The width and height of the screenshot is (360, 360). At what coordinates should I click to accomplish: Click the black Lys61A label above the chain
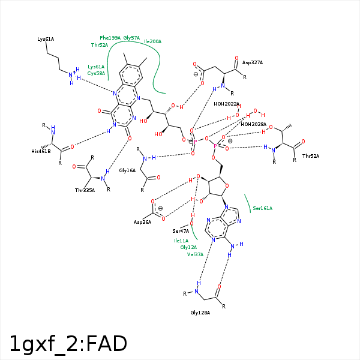46,39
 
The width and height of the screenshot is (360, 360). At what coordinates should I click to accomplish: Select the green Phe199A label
110,38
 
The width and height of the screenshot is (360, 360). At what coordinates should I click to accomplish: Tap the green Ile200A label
152,41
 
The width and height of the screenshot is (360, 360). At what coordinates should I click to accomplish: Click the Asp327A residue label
252,62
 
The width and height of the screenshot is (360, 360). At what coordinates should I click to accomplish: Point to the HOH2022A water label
226,104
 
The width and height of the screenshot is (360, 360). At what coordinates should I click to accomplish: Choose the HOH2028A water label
253,124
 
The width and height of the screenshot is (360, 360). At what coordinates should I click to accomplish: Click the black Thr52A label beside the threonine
310,156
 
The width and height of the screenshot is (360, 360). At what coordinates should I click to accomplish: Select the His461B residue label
41,151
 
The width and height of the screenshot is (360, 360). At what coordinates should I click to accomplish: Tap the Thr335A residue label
85,190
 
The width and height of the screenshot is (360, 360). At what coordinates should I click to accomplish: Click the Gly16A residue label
127,171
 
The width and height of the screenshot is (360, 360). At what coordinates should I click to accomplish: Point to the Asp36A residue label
142,222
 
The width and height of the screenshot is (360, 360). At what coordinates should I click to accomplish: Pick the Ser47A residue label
181,231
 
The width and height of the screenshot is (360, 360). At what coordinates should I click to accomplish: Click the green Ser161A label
262,208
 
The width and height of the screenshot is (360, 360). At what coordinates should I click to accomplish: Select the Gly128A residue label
200,313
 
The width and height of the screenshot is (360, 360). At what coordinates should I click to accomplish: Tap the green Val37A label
195,254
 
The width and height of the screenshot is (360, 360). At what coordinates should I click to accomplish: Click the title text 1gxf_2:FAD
68,344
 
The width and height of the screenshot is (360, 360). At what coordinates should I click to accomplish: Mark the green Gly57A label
131,38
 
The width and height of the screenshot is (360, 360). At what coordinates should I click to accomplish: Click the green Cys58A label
96,73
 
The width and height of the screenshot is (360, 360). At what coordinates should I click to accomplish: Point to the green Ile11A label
181,241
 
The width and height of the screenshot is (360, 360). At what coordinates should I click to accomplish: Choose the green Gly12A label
188,247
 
